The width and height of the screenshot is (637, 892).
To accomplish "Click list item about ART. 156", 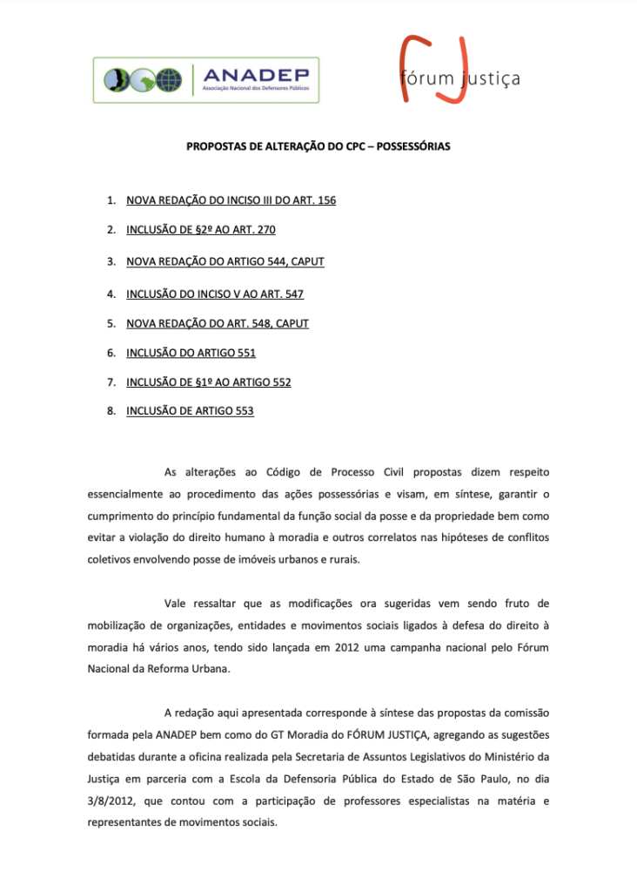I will click(x=231, y=200).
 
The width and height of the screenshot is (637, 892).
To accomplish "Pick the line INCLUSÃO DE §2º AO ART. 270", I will click(x=201, y=230).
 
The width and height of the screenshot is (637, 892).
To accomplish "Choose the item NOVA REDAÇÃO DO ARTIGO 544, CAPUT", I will click(x=225, y=261).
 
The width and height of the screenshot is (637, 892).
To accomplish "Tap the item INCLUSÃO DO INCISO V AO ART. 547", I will click(x=214, y=294).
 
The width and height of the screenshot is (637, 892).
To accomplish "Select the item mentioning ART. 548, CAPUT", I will click(x=217, y=323).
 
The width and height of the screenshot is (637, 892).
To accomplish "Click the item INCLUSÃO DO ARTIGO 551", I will click(x=191, y=353).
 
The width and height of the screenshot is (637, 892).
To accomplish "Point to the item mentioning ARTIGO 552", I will click(x=208, y=382).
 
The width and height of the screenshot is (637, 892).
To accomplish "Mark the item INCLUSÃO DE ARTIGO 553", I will click(x=190, y=411).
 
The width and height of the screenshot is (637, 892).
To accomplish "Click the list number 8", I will click(x=111, y=411).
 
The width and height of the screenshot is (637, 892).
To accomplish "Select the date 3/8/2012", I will click(x=111, y=801).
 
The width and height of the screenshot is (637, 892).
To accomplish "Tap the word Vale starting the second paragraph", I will click(x=177, y=603).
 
